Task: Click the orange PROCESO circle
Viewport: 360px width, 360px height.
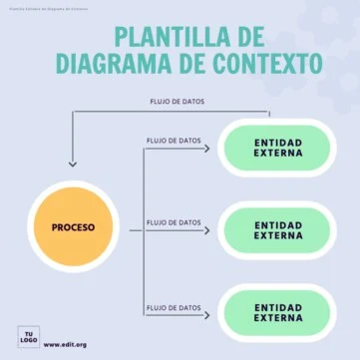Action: coord(74,227)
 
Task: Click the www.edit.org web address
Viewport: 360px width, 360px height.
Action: coord(65,345)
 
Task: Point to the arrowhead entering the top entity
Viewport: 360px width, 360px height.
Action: coord(207,150)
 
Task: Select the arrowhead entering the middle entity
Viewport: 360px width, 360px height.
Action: coord(207,231)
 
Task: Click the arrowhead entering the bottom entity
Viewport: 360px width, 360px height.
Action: coord(207,314)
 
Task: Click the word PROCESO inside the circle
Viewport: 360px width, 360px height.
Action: coord(74,227)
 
